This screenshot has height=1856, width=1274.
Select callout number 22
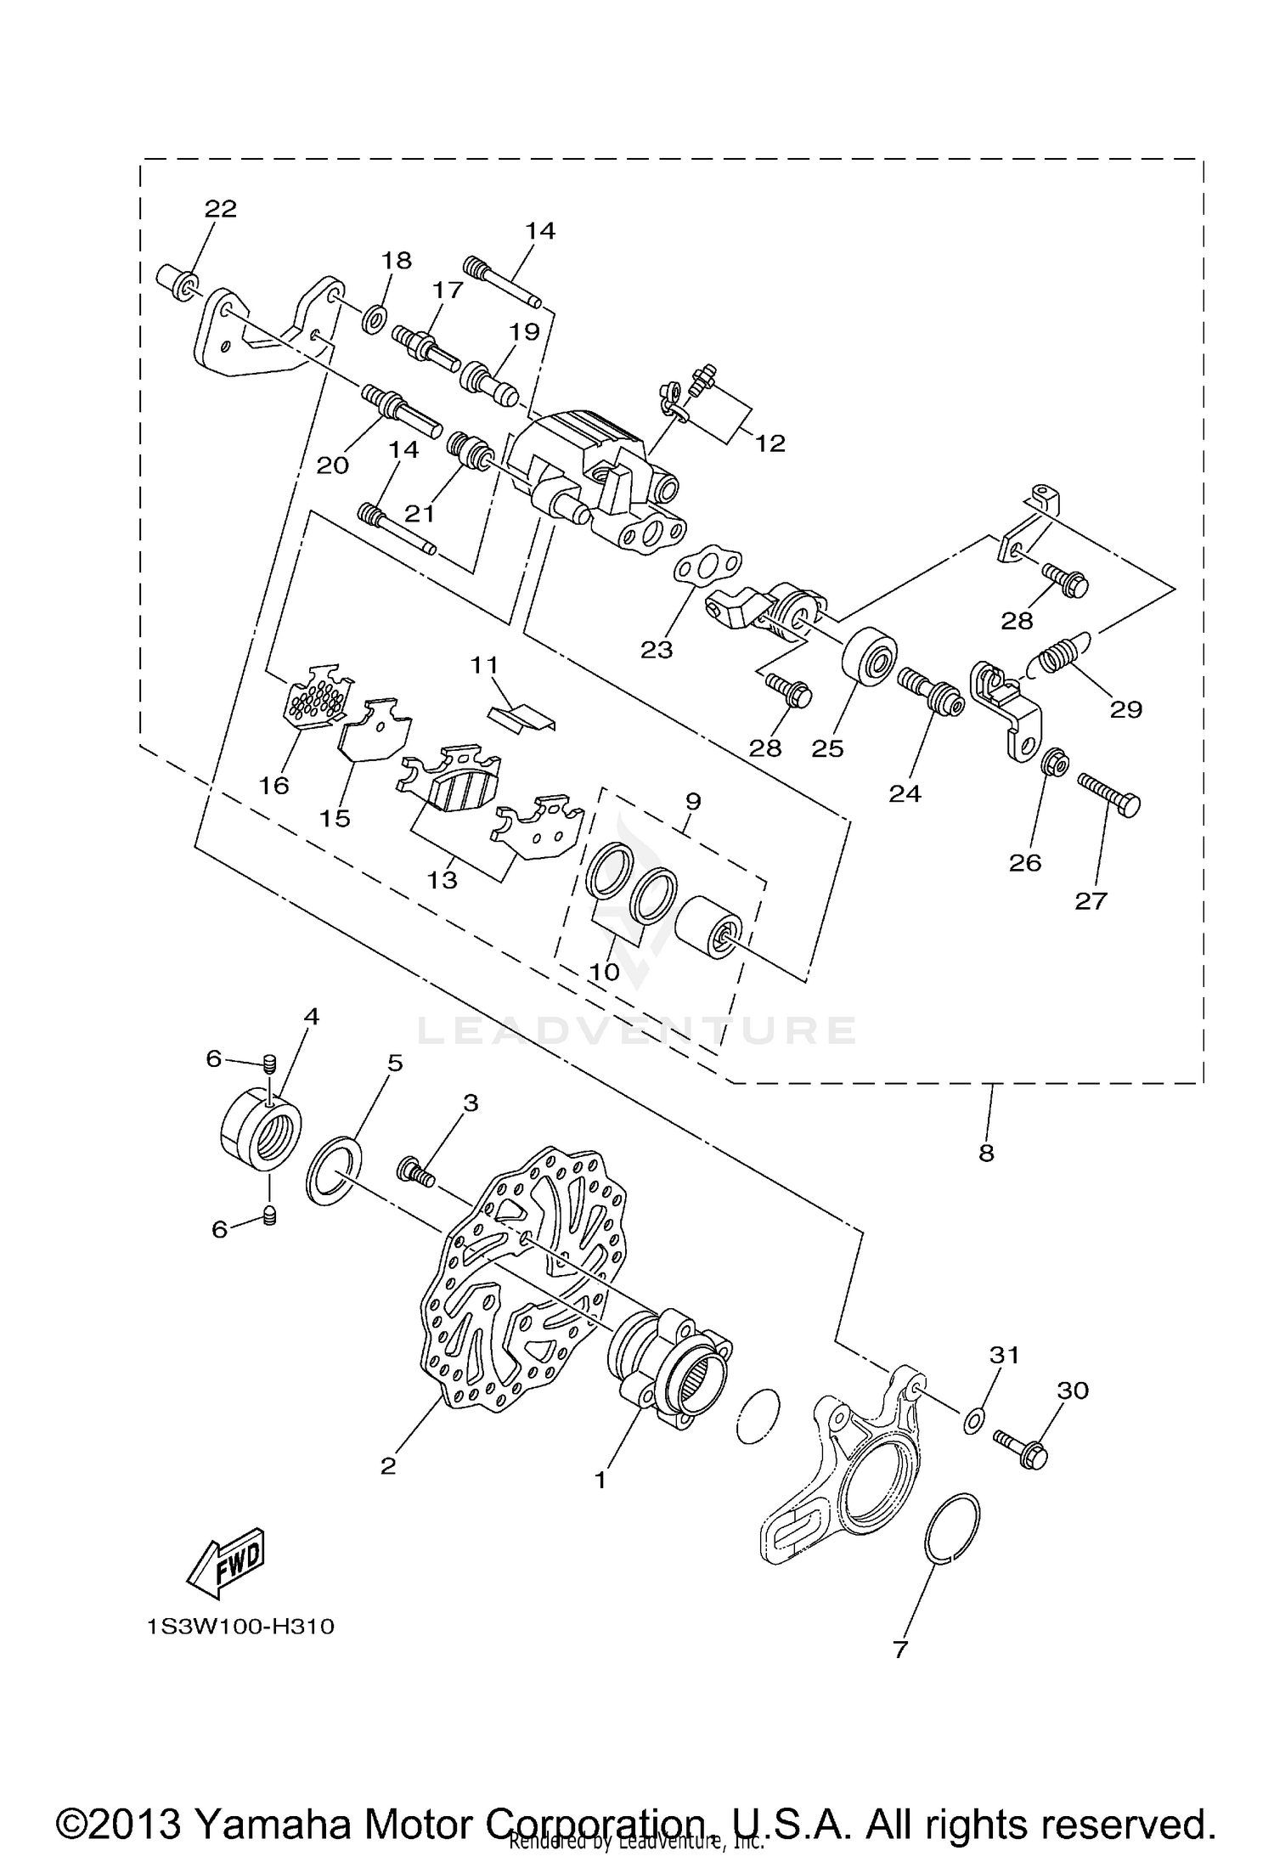221,209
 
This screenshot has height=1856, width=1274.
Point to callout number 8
986,1154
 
